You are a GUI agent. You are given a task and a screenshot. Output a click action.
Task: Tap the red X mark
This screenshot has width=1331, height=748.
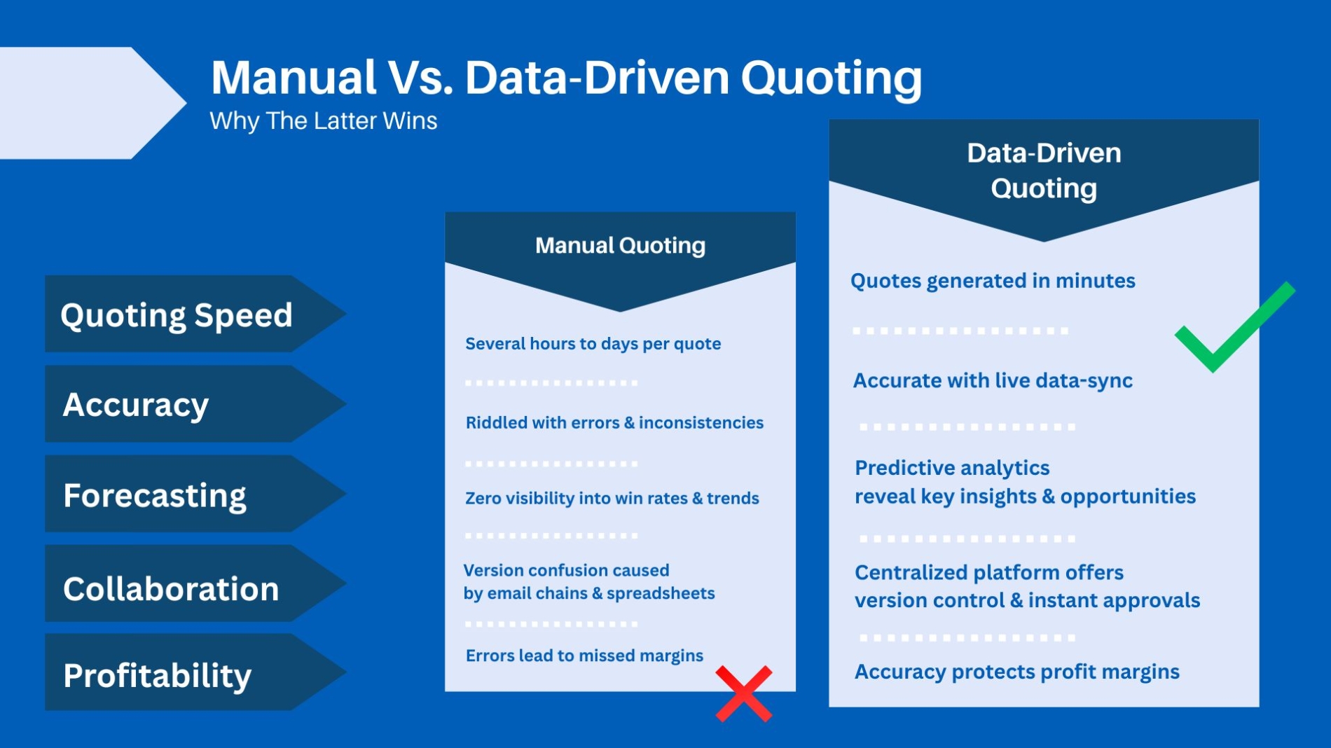[x=743, y=693]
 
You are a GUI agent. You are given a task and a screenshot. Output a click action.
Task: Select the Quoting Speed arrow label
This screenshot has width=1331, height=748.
[x=177, y=314]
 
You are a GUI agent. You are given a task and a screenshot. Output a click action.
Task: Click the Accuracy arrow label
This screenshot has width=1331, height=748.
[x=137, y=404]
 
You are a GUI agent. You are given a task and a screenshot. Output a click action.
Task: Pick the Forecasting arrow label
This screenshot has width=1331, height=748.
[x=155, y=494]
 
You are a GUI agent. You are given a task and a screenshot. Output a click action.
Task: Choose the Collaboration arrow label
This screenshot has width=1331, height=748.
[x=172, y=588]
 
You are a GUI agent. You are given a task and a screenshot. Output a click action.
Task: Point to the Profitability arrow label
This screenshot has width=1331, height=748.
[x=158, y=674]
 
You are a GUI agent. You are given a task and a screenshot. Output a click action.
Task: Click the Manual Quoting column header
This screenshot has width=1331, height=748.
[x=620, y=246]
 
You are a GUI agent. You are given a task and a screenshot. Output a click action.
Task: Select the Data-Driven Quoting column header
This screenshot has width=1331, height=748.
[x=1043, y=171]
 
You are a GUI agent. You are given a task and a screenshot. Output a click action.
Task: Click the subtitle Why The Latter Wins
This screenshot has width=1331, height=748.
[x=324, y=121]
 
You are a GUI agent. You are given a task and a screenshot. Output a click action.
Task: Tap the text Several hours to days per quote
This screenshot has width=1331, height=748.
[x=593, y=344]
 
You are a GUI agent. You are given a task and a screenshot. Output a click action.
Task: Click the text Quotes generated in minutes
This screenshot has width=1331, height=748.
[x=992, y=281]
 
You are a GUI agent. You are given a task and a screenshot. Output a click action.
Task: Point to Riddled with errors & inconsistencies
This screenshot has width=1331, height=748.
[x=614, y=422]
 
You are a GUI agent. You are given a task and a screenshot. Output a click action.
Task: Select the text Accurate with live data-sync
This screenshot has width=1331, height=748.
[x=992, y=380]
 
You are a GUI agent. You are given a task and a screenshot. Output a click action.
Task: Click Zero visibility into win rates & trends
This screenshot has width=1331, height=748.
[x=612, y=498]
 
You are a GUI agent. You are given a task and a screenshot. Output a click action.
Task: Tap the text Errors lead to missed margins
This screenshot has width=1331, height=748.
[x=584, y=656]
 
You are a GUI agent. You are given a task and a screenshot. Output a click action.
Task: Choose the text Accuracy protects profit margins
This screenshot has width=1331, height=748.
[x=1016, y=672]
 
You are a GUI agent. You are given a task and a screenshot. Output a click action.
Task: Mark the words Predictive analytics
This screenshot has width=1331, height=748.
[x=952, y=467]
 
